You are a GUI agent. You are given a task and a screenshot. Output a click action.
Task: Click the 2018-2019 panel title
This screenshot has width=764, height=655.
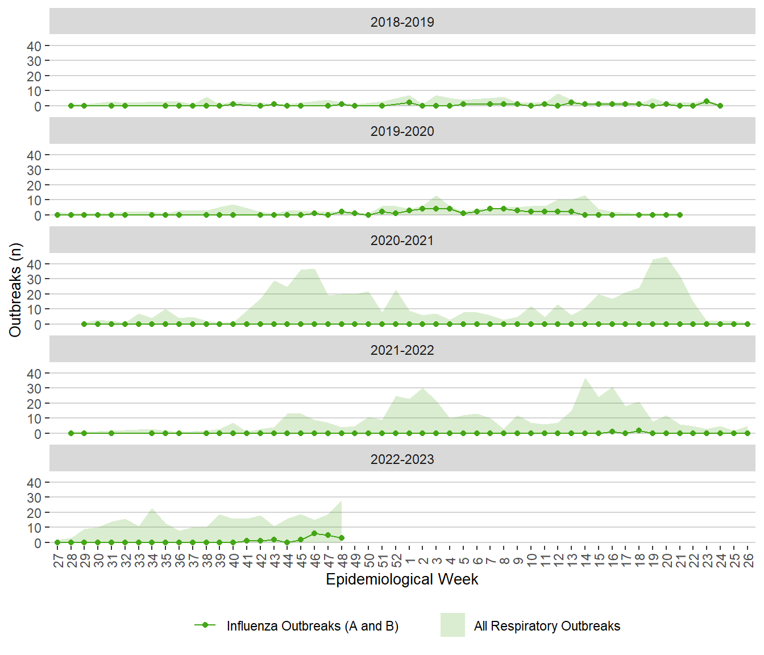402,22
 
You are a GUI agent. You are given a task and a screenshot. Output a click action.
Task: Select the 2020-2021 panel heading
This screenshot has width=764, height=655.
402,241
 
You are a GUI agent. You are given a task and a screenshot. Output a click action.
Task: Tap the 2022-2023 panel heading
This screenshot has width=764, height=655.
402,459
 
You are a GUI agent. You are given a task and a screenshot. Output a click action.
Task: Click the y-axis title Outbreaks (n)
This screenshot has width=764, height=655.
15,290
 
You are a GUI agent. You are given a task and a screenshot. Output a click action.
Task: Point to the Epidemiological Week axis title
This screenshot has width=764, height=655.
402,579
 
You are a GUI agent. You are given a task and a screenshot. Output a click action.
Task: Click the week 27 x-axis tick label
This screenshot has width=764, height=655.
57,561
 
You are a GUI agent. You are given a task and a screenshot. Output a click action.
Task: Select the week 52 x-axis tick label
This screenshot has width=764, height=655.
396,561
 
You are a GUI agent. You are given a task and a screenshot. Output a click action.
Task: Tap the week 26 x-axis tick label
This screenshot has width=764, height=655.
748,561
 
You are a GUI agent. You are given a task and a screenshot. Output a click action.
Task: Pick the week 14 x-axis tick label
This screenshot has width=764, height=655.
585,561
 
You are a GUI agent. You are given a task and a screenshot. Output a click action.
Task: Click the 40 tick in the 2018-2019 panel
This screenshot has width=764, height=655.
34,46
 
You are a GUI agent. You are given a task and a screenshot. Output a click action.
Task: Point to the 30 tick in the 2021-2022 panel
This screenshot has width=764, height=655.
34,389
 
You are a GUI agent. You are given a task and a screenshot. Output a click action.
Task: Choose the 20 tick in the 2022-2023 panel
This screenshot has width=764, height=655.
34,513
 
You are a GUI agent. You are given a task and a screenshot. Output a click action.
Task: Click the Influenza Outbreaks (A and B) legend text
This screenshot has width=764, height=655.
312,626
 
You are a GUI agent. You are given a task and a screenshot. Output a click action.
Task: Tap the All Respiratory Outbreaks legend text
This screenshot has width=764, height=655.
547,626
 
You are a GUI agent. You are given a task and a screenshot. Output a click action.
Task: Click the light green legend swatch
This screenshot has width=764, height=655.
452,625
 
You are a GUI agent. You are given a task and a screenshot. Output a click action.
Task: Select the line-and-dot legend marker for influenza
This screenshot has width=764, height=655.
205,625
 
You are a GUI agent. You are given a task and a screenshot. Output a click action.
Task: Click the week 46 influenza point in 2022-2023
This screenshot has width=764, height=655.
314,533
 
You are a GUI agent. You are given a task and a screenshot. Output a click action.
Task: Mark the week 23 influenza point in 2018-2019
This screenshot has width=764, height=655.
707,101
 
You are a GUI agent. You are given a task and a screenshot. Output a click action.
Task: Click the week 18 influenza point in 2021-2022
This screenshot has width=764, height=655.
639,430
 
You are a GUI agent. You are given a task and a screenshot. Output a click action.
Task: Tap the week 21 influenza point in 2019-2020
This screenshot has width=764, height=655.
680,215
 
